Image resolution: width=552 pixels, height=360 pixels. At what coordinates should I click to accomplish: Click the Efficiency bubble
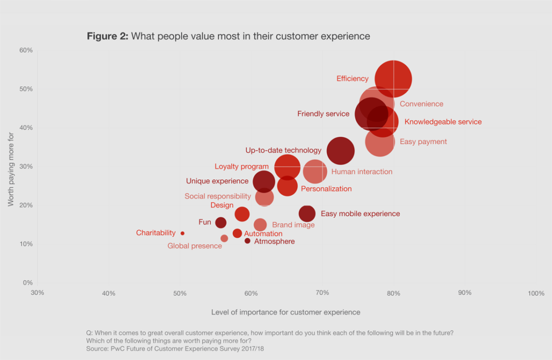(x=394, y=79)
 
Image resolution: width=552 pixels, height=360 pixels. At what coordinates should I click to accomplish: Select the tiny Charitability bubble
(x=182, y=233)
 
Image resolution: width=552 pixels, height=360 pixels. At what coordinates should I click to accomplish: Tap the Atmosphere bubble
(x=247, y=241)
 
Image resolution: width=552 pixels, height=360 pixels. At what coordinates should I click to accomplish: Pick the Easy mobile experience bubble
(x=307, y=214)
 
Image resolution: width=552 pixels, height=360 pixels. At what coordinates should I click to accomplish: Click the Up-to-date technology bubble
(x=341, y=151)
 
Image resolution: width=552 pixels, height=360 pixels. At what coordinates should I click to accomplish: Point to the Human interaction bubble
(x=315, y=171)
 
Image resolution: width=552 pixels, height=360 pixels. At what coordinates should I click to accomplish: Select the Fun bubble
(x=220, y=223)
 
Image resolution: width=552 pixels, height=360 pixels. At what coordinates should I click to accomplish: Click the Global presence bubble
(x=224, y=238)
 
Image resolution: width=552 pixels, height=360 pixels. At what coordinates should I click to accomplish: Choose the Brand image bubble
(x=260, y=225)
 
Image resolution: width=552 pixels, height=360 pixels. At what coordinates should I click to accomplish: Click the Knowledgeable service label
(x=443, y=122)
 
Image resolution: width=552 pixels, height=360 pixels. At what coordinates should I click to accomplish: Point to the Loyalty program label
(x=241, y=167)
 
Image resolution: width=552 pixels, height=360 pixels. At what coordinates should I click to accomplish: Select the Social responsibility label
(x=218, y=196)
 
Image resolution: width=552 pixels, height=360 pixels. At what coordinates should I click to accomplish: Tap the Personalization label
(x=326, y=189)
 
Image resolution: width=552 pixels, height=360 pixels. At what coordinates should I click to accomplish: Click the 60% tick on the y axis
(x=26, y=50)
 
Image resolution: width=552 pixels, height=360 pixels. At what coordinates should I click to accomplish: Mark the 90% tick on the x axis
(x=465, y=293)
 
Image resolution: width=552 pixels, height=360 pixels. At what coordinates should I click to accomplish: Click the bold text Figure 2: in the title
(x=107, y=37)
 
